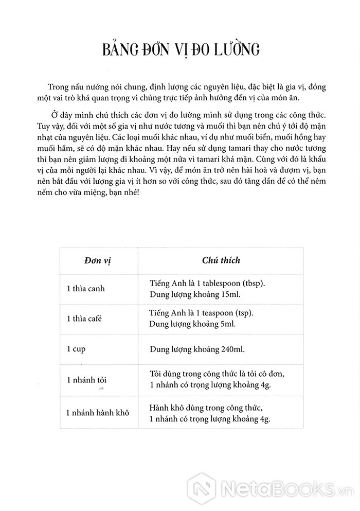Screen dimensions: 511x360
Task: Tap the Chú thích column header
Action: pyautogui.click(x=221, y=260)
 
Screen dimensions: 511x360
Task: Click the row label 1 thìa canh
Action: pyautogui.click(x=85, y=288)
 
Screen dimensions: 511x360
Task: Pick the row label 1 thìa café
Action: pyautogui.click(x=84, y=319)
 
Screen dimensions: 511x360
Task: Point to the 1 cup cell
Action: pyautogui.click(x=76, y=348)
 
